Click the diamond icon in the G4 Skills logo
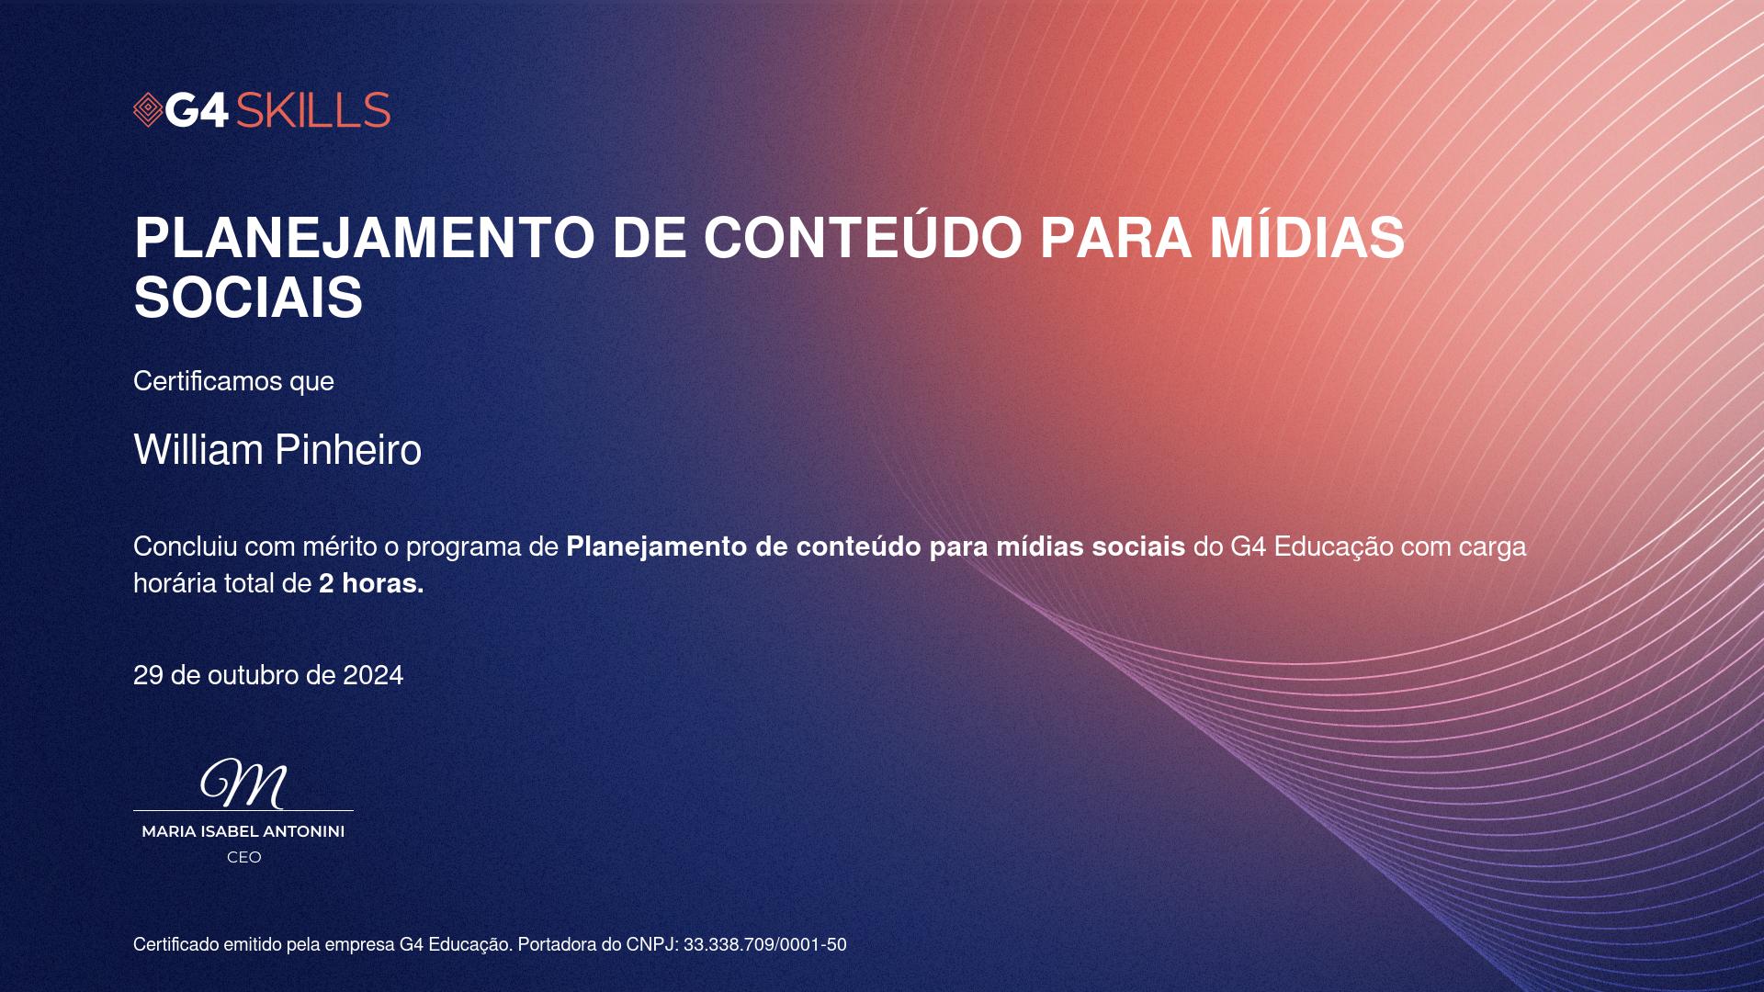(x=148, y=110)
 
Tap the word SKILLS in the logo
(x=313, y=110)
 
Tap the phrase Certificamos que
(x=233, y=381)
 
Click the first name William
(x=198, y=449)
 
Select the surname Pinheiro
(x=348, y=449)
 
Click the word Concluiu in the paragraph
(x=186, y=547)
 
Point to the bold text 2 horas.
(x=371, y=583)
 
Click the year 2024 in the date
(x=373, y=675)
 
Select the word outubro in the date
(x=253, y=675)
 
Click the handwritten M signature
(x=243, y=783)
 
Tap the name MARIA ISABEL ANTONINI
(x=243, y=831)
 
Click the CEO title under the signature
(x=244, y=857)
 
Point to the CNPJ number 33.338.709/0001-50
(x=764, y=944)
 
